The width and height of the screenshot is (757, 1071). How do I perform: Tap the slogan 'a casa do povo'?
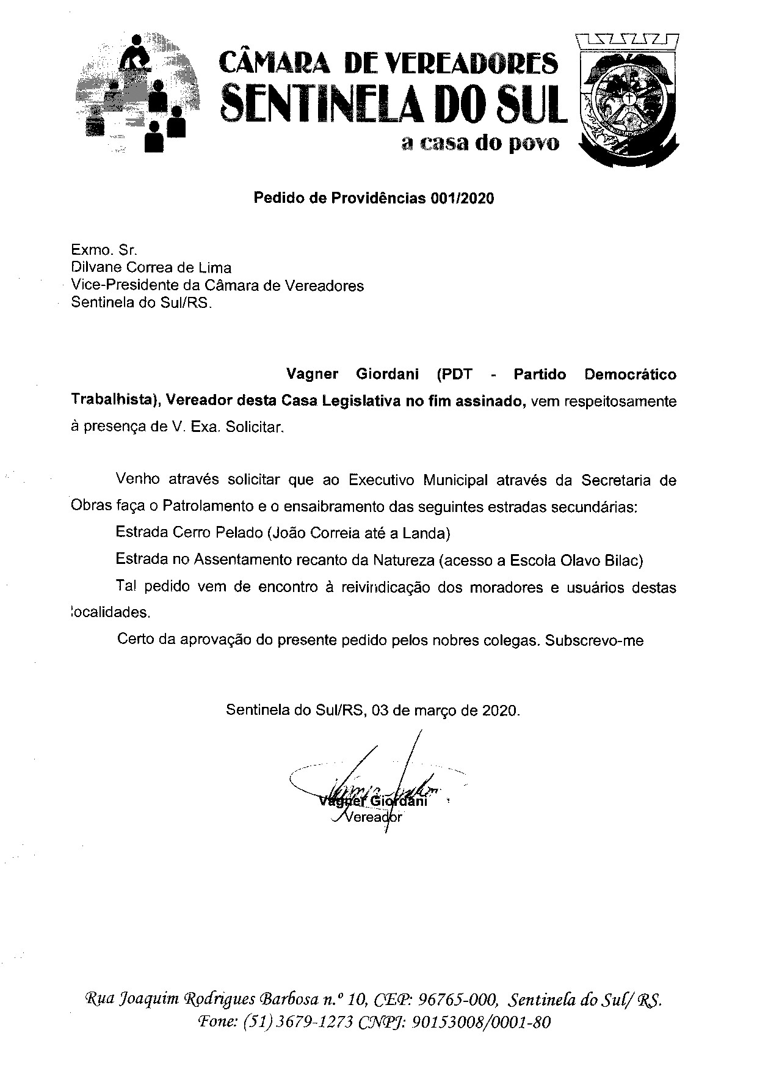coord(479,144)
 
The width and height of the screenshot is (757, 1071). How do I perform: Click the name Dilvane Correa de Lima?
coord(151,268)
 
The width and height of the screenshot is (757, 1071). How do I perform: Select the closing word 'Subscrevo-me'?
coord(595,641)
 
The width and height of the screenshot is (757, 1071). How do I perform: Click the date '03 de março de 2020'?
coord(446,711)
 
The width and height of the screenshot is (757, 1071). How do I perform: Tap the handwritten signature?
coord(378,782)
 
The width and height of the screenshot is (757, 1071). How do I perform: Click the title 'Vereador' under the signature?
coord(374,817)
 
